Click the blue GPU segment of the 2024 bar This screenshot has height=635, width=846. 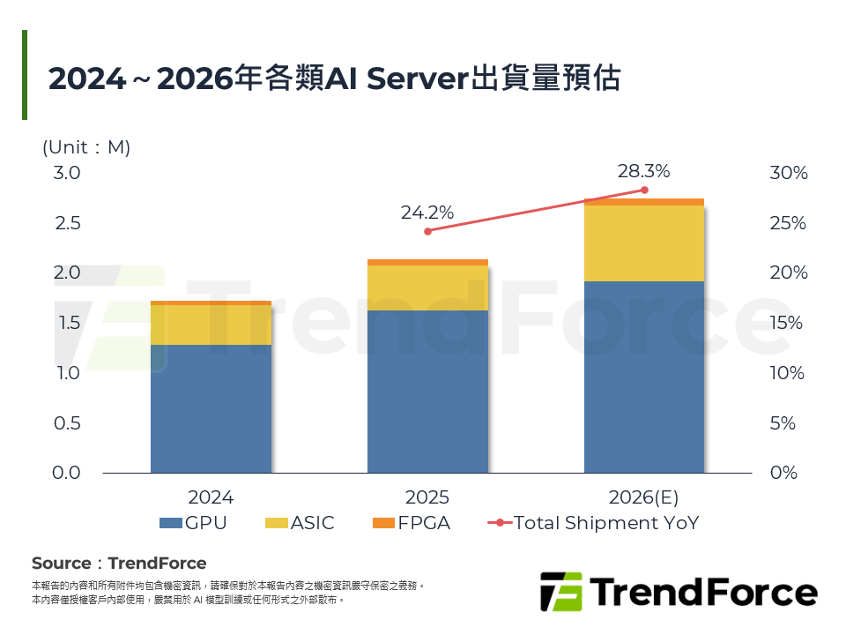tap(211, 408)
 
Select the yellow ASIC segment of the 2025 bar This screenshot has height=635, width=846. tap(427, 288)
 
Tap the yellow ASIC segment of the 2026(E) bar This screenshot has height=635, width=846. tap(643, 243)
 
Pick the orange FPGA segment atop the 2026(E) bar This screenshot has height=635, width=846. tap(643, 202)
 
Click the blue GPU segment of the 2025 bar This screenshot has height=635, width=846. tap(427, 392)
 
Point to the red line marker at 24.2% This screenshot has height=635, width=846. tap(427, 231)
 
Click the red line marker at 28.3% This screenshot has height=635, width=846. tap(644, 190)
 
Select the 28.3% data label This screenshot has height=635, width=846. tap(643, 169)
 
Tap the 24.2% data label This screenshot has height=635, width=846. tap(427, 213)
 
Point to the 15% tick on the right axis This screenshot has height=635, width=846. tap(788, 323)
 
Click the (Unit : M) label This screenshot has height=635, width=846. tap(86, 147)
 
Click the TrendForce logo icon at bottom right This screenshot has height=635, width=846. tap(560, 592)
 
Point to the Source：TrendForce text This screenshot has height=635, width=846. tap(119, 564)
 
